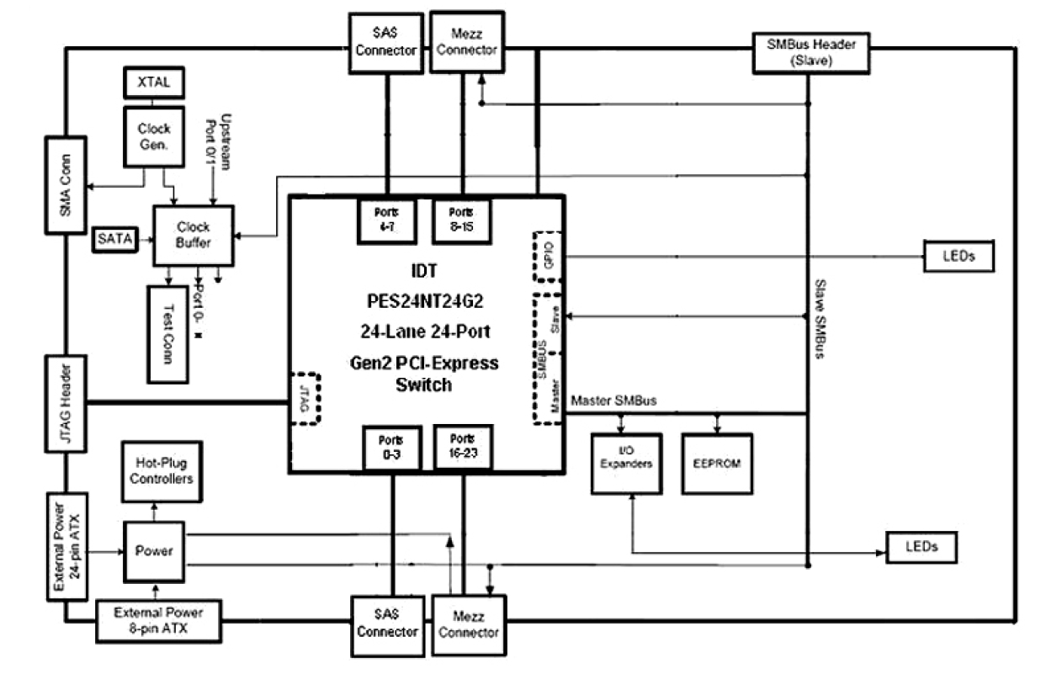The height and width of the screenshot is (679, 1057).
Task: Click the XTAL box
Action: (x=153, y=83)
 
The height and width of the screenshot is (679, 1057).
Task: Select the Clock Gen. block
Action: (x=153, y=135)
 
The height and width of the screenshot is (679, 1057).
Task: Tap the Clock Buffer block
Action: (x=194, y=235)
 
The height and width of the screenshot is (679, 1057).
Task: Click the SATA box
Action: (x=115, y=239)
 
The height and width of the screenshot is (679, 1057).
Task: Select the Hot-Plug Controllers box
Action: (x=165, y=470)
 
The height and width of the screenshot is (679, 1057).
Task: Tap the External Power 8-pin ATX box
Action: (x=157, y=619)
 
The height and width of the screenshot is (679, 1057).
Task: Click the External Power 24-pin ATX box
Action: (x=66, y=547)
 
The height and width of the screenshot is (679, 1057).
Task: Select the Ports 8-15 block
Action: (x=462, y=218)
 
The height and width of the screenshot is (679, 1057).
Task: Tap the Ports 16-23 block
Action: (x=462, y=446)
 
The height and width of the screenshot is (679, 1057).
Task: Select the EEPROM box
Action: (x=717, y=463)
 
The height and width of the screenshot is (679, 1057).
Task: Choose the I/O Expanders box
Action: (x=626, y=463)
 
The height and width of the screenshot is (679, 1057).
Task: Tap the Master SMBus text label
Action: (x=613, y=401)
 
